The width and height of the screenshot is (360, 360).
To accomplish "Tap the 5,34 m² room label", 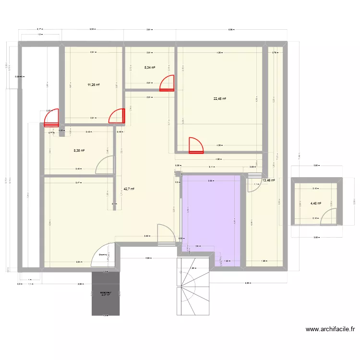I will (x=150, y=68).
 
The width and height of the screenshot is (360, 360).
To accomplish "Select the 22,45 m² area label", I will (x=219, y=99).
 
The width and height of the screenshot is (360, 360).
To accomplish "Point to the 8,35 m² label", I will (x=79, y=150).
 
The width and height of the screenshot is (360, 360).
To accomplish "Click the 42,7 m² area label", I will (x=129, y=189).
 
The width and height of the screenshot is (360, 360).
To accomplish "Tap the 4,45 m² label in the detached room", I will (x=315, y=203).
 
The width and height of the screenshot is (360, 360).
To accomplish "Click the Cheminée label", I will (x=103, y=255).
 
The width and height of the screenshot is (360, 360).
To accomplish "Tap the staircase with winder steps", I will (x=194, y=287).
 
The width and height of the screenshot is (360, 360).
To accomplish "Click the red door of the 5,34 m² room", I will (x=167, y=83).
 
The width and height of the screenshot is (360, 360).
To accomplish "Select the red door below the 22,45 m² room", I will (x=196, y=145).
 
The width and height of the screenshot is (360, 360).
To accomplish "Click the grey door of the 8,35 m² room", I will (x=104, y=166).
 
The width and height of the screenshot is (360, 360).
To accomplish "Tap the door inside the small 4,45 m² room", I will (x=328, y=218).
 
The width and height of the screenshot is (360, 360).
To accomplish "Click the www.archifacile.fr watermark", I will (x=330, y=330).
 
